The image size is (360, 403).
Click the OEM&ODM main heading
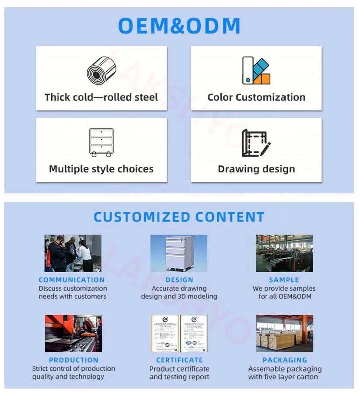pos(179,26)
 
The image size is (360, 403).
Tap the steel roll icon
pos(101,70)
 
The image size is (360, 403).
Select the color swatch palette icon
pos(256,70)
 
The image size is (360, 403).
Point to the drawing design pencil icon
pos(256,143)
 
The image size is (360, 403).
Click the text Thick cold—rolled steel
pos(101,97)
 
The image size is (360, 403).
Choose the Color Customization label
pos(256,97)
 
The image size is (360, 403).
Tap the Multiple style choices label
pos(101,169)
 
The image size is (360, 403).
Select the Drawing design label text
pos(256,169)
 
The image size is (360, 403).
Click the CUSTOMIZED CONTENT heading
pos(179,217)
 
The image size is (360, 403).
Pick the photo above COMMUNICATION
pos(73,253)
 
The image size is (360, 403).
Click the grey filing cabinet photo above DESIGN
pos(179,253)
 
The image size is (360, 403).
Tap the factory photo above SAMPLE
pos(284,253)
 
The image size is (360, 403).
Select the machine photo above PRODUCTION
pos(73,333)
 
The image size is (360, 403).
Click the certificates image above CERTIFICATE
pos(179,333)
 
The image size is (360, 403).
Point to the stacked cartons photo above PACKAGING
pos(284,333)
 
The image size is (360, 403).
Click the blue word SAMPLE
pos(284,280)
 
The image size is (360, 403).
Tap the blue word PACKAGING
pos(285,360)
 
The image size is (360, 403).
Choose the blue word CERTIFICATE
pos(179,360)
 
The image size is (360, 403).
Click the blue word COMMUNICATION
pos(72,280)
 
